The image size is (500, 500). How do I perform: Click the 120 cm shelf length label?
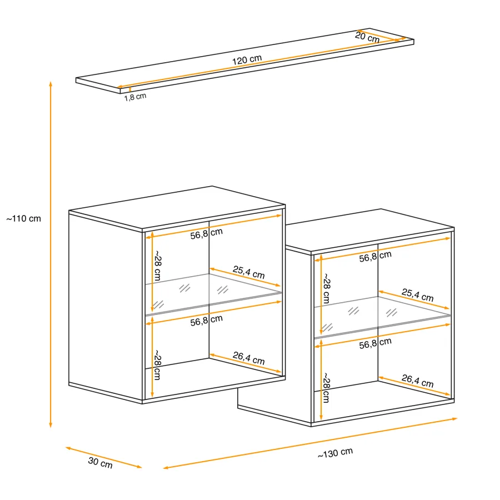click(247, 59)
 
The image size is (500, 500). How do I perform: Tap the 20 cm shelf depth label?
click(367, 37)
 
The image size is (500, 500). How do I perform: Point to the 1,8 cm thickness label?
click(135, 97)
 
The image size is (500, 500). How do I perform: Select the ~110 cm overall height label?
click(23, 219)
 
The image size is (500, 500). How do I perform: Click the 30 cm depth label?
click(101, 463)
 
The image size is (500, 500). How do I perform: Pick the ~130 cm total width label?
click(335, 453)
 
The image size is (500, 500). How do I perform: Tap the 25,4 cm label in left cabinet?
click(249, 272)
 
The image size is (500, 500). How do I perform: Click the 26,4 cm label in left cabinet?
click(249, 358)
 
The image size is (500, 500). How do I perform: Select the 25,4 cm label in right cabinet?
click(417, 295)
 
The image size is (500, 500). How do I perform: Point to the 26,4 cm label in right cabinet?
click(417, 381)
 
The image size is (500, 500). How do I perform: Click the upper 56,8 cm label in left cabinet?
click(206, 234)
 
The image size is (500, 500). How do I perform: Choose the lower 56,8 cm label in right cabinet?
click(375, 343)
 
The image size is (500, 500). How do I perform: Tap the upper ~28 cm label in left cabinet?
click(158, 266)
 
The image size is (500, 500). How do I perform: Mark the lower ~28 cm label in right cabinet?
click(327, 388)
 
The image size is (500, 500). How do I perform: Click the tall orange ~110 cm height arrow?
click(51, 254)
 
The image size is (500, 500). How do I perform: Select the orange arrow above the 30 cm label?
click(104, 458)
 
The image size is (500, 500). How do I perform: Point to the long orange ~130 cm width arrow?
click(310, 443)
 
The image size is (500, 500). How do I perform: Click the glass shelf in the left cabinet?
click(213, 294)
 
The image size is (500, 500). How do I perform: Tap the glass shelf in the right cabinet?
click(382, 317)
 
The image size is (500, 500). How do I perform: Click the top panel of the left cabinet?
click(177, 207)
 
